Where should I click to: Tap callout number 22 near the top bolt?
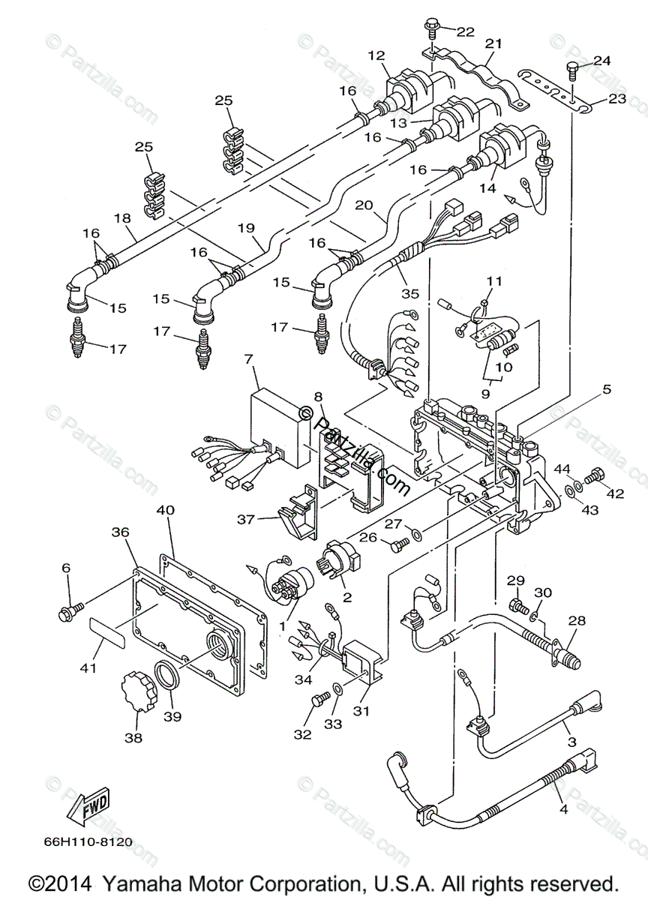tap(466, 31)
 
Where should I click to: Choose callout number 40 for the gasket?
tap(166, 511)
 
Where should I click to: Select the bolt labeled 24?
tap(574, 71)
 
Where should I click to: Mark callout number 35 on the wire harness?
tap(410, 293)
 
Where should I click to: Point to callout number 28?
tap(577, 621)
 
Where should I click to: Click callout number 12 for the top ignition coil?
tap(376, 55)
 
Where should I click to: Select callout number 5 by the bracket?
tap(607, 389)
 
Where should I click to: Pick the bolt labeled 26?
tap(399, 544)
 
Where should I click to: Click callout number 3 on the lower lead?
tap(572, 741)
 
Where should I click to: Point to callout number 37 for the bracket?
tap(246, 520)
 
